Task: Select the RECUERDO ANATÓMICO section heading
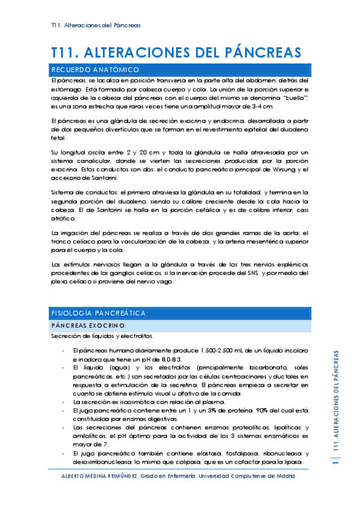point(96,70)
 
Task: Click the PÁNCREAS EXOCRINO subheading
point(88,325)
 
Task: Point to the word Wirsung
point(282,170)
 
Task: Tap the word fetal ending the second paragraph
point(59,137)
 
